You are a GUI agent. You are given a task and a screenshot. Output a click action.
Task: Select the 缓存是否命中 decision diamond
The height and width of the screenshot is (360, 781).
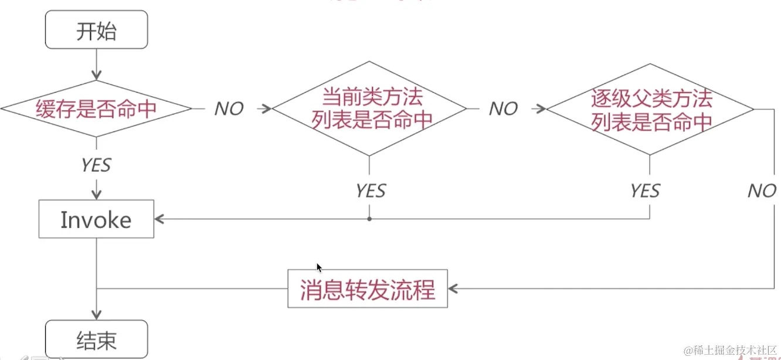(x=96, y=109)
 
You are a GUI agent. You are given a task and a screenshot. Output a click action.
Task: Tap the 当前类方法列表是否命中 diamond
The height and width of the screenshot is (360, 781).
(x=369, y=108)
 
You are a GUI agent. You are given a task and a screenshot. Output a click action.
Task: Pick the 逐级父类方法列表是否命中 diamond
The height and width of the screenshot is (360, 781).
(x=650, y=109)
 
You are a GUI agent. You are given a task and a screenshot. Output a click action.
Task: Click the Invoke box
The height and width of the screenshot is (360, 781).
(x=96, y=220)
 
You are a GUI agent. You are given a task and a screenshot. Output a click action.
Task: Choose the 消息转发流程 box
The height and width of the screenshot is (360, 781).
(x=368, y=289)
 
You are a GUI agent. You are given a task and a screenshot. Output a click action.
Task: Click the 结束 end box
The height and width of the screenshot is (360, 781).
(x=96, y=340)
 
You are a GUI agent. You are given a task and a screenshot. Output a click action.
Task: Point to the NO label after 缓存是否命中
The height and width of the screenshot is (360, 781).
(x=229, y=109)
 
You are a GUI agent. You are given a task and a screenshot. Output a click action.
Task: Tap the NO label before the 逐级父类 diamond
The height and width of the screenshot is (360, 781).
(x=503, y=109)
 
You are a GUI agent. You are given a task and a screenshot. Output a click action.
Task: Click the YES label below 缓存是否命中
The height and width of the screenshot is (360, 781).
(x=96, y=165)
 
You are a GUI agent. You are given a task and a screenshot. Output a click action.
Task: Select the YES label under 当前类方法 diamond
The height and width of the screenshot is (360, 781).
(x=371, y=191)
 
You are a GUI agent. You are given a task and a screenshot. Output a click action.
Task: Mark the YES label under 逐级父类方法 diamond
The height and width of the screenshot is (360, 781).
(x=645, y=191)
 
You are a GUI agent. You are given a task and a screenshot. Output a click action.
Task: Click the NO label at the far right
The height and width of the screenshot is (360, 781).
(x=762, y=191)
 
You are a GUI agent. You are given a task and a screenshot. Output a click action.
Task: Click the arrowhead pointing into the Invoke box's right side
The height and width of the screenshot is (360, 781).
(x=159, y=219)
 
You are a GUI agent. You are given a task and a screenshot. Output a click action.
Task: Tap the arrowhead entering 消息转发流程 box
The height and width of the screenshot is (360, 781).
(x=453, y=288)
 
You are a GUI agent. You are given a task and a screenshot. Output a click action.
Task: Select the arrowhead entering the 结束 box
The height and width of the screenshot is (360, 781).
(x=96, y=315)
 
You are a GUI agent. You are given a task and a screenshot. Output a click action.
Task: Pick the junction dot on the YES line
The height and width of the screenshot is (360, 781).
(x=369, y=219)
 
